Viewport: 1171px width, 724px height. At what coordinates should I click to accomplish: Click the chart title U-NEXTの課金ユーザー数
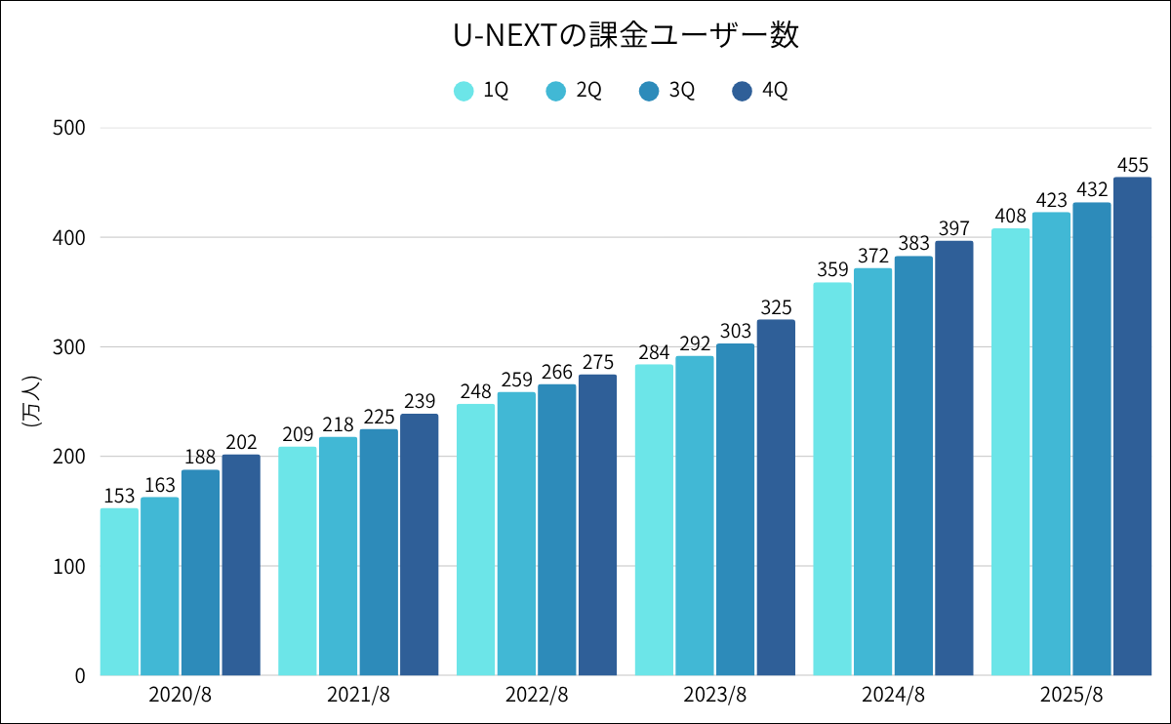click(x=626, y=36)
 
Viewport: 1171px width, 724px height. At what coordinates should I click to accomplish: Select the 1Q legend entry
click(x=482, y=91)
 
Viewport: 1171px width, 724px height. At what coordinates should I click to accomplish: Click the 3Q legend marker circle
click(x=650, y=91)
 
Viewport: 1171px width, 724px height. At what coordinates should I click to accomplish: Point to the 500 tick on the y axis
click(x=67, y=128)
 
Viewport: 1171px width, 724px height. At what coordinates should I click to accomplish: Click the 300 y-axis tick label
click(x=67, y=347)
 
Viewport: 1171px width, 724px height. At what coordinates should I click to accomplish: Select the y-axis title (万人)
click(x=30, y=401)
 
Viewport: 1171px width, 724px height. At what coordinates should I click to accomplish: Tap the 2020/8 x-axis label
click(x=181, y=696)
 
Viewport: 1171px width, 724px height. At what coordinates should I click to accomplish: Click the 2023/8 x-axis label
click(x=714, y=696)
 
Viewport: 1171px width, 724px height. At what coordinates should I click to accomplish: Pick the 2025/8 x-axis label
click(x=1070, y=696)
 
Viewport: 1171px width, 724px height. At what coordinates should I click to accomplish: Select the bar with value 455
click(x=1132, y=426)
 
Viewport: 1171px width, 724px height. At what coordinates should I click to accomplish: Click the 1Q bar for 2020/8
click(x=119, y=591)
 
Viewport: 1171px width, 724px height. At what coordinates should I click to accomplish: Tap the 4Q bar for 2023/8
click(x=776, y=498)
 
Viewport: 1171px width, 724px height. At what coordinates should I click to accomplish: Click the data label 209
click(x=297, y=433)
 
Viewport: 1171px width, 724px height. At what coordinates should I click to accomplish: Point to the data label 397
click(x=953, y=227)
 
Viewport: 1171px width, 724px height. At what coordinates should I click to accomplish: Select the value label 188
click(x=200, y=457)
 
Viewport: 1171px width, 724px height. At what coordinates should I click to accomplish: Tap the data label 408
click(x=1010, y=216)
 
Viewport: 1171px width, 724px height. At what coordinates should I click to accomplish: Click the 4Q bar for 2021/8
click(x=419, y=544)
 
